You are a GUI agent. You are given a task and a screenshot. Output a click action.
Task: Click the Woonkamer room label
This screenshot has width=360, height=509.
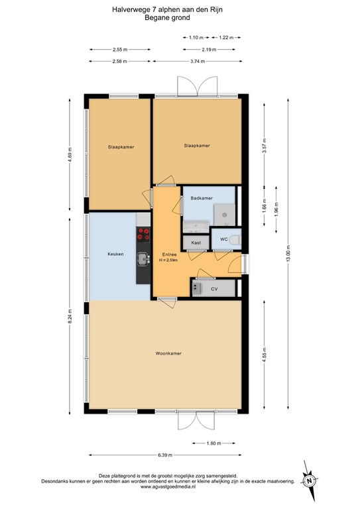click(168, 353)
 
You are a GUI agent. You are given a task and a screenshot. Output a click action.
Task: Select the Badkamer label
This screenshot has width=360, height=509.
click(201, 198)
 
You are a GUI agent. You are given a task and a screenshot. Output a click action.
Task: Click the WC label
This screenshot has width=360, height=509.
click(224, 239)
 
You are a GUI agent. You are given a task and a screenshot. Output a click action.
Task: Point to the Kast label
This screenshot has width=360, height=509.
click(196, 243)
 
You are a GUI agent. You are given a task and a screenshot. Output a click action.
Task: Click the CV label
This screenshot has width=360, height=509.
click(214, 289)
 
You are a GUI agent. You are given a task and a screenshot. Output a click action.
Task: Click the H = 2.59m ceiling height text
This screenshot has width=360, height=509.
click(168, 260)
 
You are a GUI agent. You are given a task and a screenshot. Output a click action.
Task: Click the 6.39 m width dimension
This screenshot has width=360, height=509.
click(165, 455)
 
